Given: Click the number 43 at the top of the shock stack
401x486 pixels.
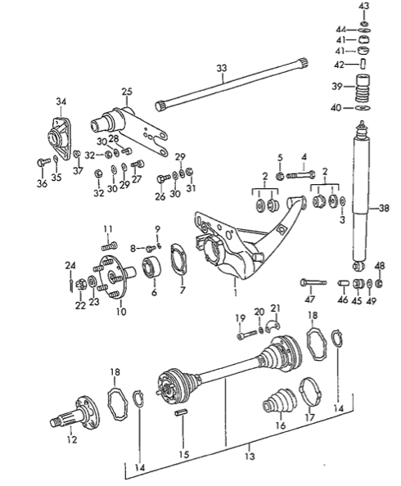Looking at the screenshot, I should point(363,6).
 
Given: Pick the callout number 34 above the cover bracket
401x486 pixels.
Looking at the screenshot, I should point(61,101).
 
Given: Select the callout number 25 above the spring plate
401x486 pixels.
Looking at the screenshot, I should point(127,91).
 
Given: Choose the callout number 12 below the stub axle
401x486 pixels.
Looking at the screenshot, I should point(72,440).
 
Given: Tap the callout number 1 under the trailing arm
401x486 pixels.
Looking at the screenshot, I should point(236,292).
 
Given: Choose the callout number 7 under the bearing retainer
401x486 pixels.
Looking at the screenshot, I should point(182,290).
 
